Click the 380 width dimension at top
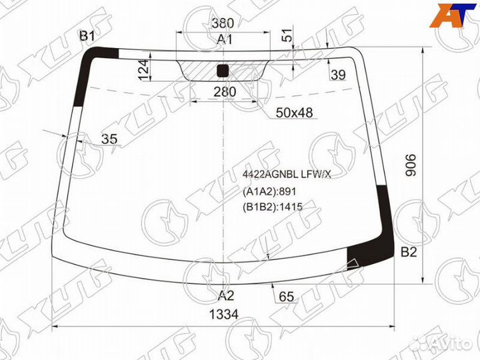(x=223, y=23)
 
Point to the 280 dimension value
(x=225, y=91)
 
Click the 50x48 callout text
(x=294, y=113)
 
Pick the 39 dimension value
(x=338, y=75)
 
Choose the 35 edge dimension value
(x=109, y=139)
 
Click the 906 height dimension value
(x=411, y=165)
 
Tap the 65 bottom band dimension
(x=286, y=297)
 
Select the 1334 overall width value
(x=224, y=314)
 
